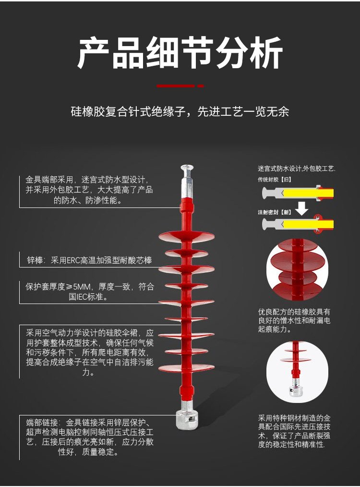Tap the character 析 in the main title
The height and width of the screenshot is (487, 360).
point(266,53)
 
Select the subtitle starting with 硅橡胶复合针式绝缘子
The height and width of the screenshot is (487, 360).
point(180,111)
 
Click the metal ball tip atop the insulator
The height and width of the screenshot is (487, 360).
point(187,169)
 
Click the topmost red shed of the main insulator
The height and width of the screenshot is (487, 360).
point(186,236)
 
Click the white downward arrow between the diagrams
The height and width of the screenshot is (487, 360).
point(301,208)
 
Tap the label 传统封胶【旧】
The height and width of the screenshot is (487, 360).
point(275,180)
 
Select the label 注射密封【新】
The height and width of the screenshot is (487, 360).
point(275,212)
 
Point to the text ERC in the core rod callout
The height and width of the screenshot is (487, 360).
point(73,260)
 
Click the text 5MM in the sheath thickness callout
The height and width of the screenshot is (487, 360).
point(81,286)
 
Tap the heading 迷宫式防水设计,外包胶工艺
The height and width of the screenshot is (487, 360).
point(296,169)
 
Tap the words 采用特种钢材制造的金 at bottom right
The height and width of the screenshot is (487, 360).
point(294,418)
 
